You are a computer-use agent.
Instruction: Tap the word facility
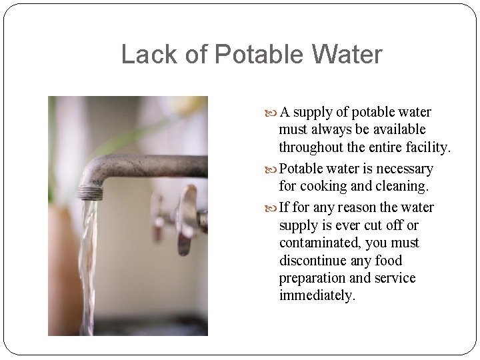tap(427, 147)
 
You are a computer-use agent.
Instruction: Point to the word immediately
tap(317, 295)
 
